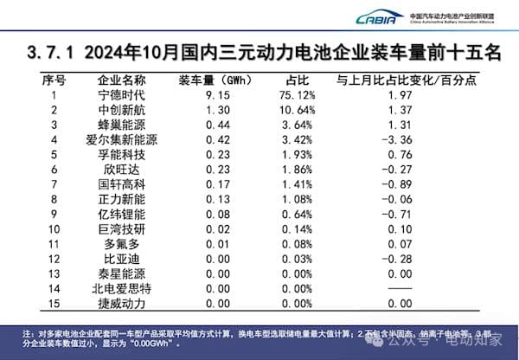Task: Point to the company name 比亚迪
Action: tap(122, 258)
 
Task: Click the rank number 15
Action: tap(54, 302)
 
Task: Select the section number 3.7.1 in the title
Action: tap(59, 53)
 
